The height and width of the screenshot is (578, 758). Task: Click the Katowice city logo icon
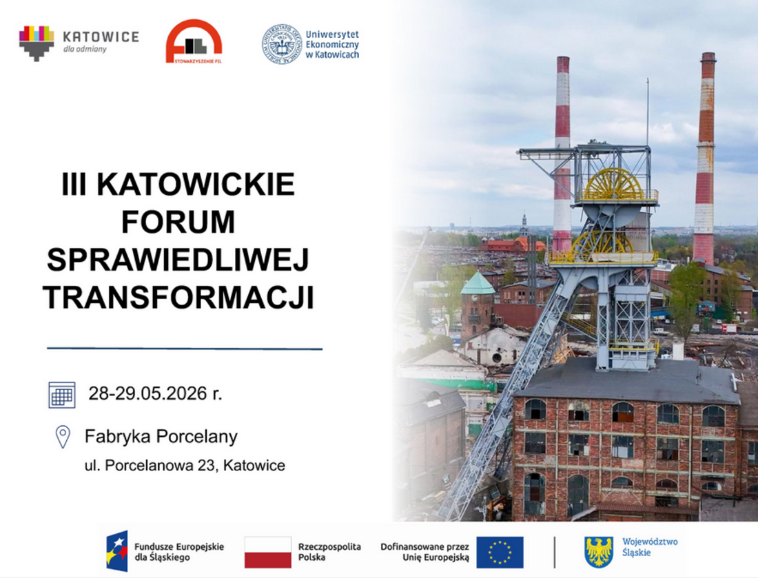37,43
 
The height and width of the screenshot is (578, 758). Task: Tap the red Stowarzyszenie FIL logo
194,41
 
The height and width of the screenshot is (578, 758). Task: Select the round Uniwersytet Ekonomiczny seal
282,44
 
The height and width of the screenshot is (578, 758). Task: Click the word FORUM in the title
178,222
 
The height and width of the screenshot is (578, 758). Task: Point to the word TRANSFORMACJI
178,297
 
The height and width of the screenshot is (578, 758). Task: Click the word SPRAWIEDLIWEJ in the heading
178,260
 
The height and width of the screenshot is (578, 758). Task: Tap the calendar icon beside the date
62,395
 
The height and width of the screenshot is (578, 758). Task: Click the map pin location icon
63,437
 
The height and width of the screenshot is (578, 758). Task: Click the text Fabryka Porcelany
161,436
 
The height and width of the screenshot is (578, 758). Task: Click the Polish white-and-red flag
268,552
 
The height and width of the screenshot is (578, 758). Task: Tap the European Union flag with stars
500,552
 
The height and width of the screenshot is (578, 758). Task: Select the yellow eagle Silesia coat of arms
598,552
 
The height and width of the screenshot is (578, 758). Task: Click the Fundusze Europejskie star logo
117,551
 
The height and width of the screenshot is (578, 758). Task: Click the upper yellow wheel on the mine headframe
613,184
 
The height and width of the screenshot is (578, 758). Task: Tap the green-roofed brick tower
477,304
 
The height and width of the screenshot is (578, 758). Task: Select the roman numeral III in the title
74,184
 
